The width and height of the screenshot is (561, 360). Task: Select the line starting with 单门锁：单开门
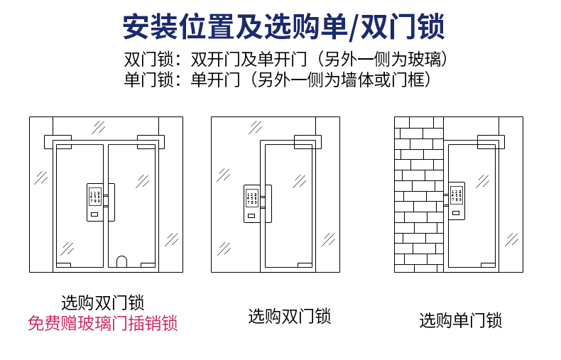click(278, 80)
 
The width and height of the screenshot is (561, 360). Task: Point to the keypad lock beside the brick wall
click(456, 202)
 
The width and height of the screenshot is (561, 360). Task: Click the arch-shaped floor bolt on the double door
click(121, 261)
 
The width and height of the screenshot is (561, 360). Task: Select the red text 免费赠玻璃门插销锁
click(102, 324)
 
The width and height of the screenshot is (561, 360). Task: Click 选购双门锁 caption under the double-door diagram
click(102, 302)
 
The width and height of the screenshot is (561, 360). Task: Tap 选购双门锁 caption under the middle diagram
click(290, 316)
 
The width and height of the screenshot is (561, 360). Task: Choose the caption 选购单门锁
click(460, 321)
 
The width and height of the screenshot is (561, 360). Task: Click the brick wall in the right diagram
click(418, 199)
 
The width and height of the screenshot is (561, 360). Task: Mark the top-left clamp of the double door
click(58, 141)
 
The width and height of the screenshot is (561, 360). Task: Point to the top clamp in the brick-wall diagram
click(488, 141)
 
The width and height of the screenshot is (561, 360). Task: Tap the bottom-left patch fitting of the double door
click(64, 264)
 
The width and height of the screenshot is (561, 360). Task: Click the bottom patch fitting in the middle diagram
click(304, 264)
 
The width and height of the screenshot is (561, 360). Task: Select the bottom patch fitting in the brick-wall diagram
click(487, 264)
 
